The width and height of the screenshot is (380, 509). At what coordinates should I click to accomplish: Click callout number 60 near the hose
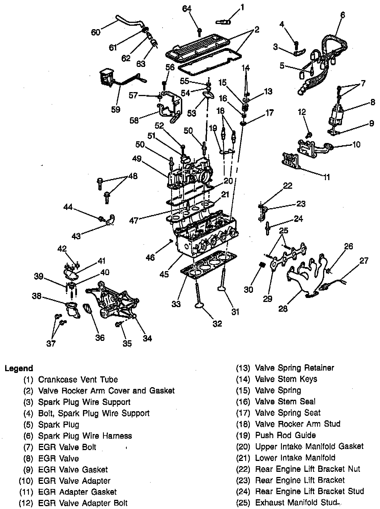(96, 32)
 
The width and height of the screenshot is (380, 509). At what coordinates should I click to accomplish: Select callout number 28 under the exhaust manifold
(283, 309)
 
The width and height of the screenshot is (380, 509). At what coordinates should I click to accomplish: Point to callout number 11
(326, 177)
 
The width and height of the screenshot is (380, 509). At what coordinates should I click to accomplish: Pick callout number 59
(116, 110)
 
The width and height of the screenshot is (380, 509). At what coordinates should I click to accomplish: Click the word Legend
(19, 368)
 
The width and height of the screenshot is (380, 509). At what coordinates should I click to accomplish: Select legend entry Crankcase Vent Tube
(78, 379)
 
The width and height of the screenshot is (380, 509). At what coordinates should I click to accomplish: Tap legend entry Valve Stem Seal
(285, 401)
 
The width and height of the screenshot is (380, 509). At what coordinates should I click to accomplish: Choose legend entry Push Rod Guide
(285, 435)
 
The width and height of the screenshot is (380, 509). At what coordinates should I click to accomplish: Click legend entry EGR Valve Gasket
(73, 470)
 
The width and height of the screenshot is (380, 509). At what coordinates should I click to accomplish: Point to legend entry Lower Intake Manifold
(295, 458)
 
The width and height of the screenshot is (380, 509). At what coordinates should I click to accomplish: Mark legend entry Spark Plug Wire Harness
(85, 436)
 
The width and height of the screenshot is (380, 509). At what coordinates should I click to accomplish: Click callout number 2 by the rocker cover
(257, 29)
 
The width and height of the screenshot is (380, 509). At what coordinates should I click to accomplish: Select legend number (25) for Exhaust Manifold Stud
(243, 502)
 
